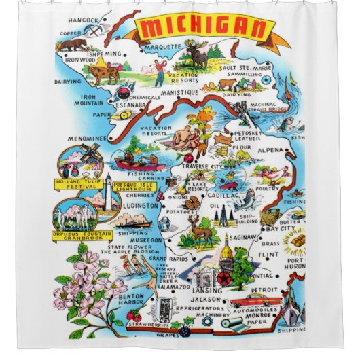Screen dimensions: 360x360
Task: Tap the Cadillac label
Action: coord(230,195)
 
